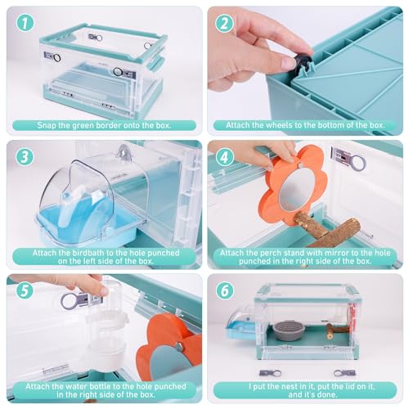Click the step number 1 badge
(25, 23)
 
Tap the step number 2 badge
(224, 23)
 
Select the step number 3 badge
(25, 157)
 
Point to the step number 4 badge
(224, 157)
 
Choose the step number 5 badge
(25, 290)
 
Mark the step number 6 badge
(224, 290)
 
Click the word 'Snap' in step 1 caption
(47, 126)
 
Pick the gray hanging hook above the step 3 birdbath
(124, 151)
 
